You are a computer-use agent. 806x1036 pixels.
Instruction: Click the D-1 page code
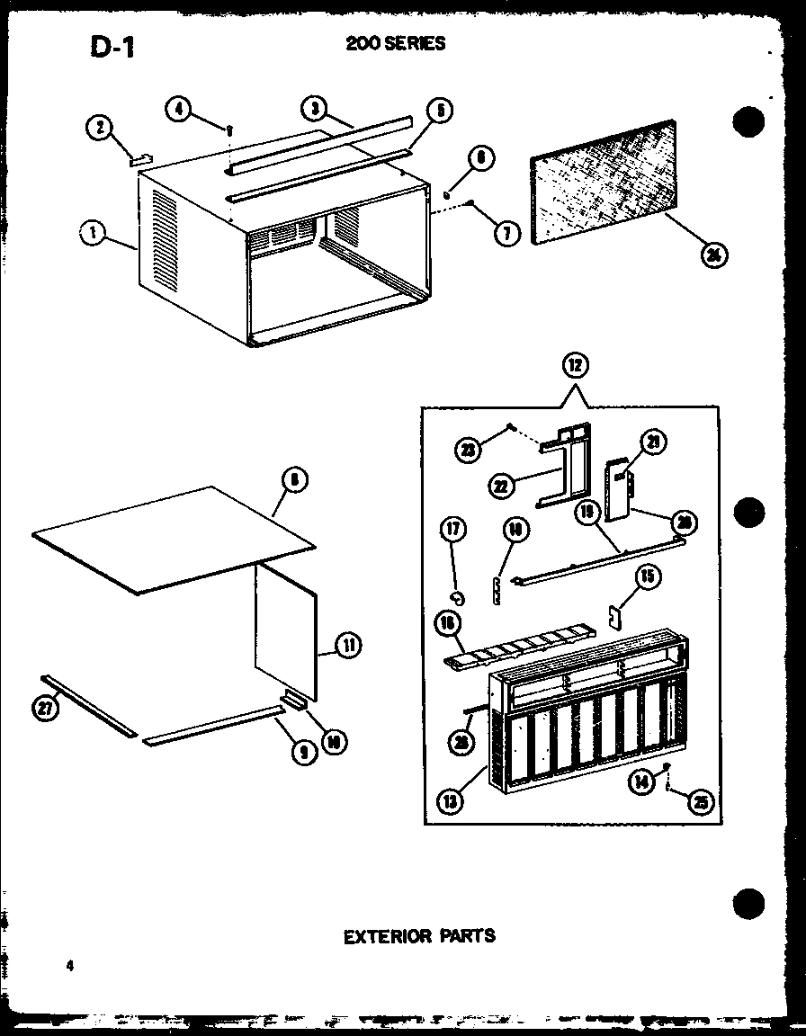(112, 47)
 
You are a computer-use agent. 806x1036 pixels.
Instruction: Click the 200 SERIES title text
(395, 43)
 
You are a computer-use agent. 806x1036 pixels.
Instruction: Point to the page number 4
(68, 966)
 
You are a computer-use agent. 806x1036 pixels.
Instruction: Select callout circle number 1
(93, 234)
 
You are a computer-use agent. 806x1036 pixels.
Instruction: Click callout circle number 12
(572, 367)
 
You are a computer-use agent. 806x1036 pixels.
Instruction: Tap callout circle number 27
(42, 708)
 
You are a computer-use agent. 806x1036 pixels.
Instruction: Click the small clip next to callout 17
(458, 594)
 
